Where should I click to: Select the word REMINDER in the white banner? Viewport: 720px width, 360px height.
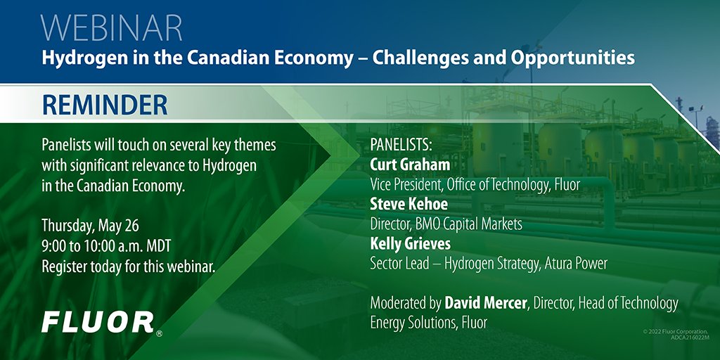(x=105, y=105)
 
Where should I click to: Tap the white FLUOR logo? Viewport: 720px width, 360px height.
(x=97, y=322)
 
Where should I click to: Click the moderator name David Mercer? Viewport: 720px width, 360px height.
(x=486, y=304)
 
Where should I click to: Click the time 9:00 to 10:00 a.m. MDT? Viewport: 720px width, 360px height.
(x=105, y=246)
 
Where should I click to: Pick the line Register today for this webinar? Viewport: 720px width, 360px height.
(x=127, y=266)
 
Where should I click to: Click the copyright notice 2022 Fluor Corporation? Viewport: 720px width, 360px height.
(x=680, y=330)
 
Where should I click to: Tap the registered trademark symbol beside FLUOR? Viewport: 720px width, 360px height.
(x=160, y=333)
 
